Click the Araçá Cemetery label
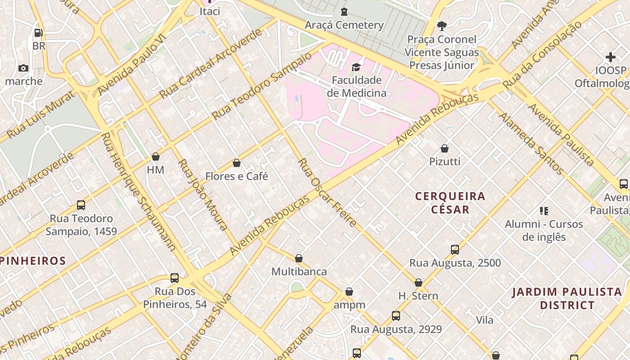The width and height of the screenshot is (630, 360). coord(344,25)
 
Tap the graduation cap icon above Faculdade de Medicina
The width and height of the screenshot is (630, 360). coord(356,67)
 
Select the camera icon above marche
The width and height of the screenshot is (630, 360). coord(23,68)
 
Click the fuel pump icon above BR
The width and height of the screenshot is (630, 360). coord(39,32)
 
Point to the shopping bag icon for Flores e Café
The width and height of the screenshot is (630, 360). coord(237,163)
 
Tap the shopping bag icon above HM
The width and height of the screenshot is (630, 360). coord(156,157)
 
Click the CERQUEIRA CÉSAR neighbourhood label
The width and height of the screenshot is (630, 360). coord(450,202)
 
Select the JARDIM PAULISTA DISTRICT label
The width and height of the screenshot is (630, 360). coord(567,298)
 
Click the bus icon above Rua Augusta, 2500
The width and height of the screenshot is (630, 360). coord(455,250)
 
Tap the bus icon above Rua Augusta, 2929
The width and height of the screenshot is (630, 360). coord(396,316)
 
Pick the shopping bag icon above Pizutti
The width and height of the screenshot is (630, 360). coord(445,148)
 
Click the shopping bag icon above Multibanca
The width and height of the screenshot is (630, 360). coord(299,258)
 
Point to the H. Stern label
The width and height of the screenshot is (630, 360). coord(418,296)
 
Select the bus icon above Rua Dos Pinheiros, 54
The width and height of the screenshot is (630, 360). coord(175,278)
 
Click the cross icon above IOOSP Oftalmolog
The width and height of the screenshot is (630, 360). coord(611,57)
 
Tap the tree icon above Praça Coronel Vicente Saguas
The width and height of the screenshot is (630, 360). coord(441,26)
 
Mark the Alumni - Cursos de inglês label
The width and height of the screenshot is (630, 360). coord(544,230)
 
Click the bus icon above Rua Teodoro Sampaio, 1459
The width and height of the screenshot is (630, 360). coord(81,205)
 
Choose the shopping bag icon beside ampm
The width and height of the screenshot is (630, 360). coord(349,292)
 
